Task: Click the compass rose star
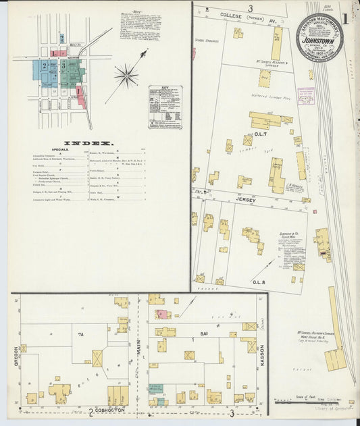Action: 126,75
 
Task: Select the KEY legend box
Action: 165,107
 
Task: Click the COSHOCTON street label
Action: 115,412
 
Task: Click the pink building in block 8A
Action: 161,315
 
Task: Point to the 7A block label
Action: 80,334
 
